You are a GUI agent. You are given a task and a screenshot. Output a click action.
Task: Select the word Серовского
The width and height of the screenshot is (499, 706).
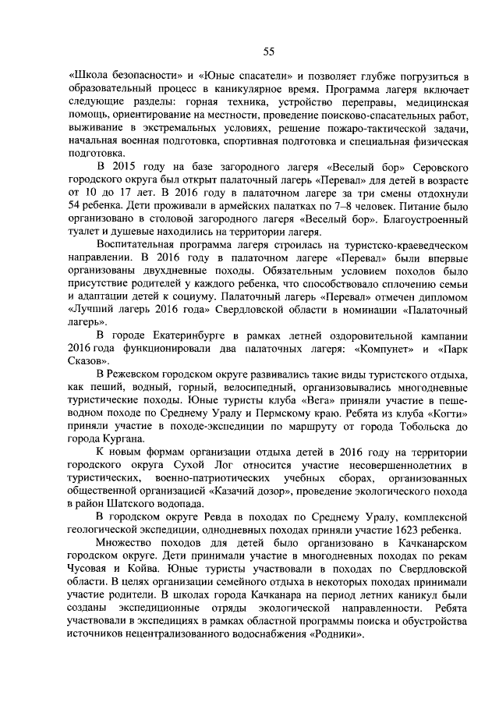click(x=431, y=167)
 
